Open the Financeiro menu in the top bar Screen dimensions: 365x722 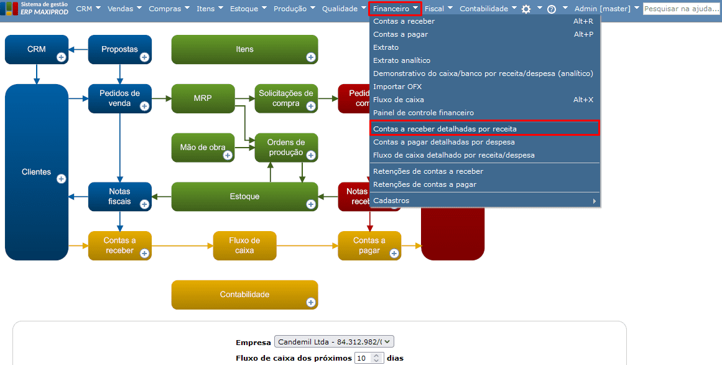click(x=395, y=9)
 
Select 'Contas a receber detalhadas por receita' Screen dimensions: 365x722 click(x=445, y=129)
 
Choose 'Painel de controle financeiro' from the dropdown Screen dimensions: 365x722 click(x=423, y=113)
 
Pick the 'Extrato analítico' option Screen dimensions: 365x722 click(x=402, y=60)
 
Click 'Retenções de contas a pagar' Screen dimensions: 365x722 click(x=425, y=184)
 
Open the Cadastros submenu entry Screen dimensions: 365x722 click(x=391, y=201)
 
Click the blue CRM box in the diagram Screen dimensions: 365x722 click(x=36, y=49)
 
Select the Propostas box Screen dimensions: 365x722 click(x=119, y=49)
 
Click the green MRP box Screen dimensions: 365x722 click(x=203, y=98)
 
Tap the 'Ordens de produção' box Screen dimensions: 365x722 click(x=285, y=147)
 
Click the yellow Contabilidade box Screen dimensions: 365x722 click(x=244, y=294)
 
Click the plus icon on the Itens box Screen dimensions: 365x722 click(x=311, y=57)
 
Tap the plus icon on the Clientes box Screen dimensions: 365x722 click(x=61, y=179)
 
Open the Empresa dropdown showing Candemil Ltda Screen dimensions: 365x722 click(x=334, y=342)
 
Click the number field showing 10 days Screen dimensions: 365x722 click(x=363, y=358)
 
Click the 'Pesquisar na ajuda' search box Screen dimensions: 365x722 click(x=681, y=9)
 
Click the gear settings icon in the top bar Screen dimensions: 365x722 click(x=526, y=9)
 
